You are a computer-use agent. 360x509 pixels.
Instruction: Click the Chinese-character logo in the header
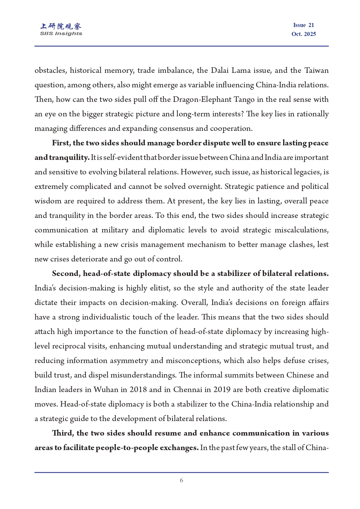coord(61,26)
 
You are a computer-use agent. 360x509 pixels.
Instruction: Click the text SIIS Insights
coord(61,34)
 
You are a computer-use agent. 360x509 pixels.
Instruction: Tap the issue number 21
coord(311,25)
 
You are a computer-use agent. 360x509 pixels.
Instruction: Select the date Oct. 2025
coord(303,34)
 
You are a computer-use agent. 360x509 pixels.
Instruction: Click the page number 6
coord(181,480)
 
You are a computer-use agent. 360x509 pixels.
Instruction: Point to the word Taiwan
coord(316,71)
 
